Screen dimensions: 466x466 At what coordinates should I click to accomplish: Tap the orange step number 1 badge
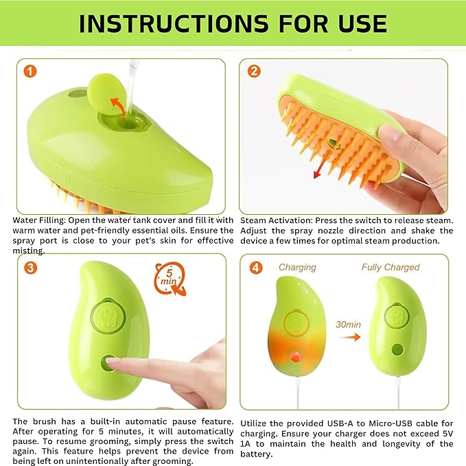click(x=30, y=71)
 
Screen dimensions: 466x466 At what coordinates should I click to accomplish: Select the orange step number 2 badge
click(x=254, y=71)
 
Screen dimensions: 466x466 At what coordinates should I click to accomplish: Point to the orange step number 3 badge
click(x=30, y=268)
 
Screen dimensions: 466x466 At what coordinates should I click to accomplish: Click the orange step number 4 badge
click(x=256, y=268)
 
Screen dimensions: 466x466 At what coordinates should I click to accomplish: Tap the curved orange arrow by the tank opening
click(x=118, y=108)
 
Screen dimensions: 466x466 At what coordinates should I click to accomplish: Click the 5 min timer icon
click(x=170, y=279)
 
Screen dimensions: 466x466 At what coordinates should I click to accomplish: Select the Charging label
click(x=297, y=268)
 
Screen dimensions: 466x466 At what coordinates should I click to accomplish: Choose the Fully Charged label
click(x=391, y=267)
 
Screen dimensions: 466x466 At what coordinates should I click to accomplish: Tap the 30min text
click(x=349, y=324)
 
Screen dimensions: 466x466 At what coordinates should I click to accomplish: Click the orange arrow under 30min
click(x=351, y=337)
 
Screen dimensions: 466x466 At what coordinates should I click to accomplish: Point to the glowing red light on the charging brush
click(x=295, y=357)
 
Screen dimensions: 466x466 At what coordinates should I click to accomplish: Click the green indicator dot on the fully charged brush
click(x=397, y=350)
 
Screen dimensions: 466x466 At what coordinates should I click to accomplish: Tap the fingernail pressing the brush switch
click(x=113, y=361)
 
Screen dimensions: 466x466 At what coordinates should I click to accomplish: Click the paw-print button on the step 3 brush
click(x=108, y=316)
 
